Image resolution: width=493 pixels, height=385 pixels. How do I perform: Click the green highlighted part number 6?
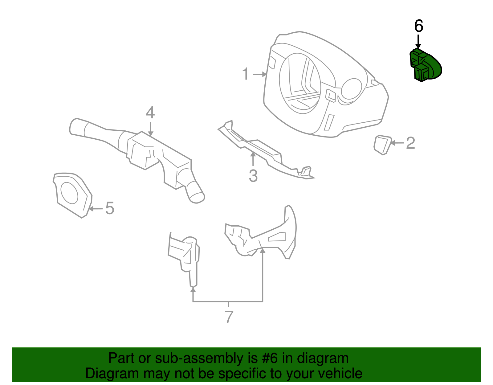point(426,66)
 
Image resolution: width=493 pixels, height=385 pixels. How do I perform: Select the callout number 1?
point(245,74)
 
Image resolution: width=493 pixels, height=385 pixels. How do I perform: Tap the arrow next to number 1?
point(260,74)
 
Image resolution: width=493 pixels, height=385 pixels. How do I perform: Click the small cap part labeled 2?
point(382,144)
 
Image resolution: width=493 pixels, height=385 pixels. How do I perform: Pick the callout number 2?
point(410,143)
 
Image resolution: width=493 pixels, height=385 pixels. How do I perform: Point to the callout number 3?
point(253,176)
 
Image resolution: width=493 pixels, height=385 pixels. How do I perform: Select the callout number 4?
point(150,113)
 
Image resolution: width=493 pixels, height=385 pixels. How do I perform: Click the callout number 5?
point(110,208)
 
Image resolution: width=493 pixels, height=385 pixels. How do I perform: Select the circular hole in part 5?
point(69,193)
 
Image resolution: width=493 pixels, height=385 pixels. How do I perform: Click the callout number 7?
point(229,317)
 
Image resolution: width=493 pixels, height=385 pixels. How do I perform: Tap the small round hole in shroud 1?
point(351,89)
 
